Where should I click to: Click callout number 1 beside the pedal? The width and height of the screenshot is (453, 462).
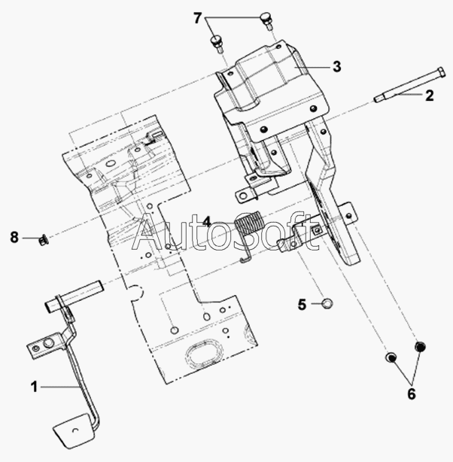click(x=34, y=387)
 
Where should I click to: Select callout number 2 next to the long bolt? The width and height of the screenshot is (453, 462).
click(x=430, y=96)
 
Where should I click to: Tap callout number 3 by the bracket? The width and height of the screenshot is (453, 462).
click(x=336, y=66)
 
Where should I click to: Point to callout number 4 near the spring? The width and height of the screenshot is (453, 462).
click(x=207, y=222)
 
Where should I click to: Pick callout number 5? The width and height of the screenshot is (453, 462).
click(x=302, y=304)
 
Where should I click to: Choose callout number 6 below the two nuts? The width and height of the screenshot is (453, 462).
click(x=412, y=394)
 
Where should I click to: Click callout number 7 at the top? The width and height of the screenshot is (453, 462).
click(x=197, y=18)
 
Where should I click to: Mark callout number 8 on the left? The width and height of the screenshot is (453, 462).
click(x=14, y=237)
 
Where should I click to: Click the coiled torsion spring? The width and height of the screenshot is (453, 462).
click(x=249, y=222)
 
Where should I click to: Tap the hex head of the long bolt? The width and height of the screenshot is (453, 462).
click(x=440, y=72)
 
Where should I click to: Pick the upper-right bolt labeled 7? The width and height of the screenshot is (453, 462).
click(x=266, y=20)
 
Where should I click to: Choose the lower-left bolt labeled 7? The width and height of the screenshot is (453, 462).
click(x=217, y=44)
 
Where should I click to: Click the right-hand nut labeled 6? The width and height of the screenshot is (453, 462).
click(x=420, y=346)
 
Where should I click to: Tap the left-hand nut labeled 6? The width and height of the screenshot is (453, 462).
click(x=391, y=357)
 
